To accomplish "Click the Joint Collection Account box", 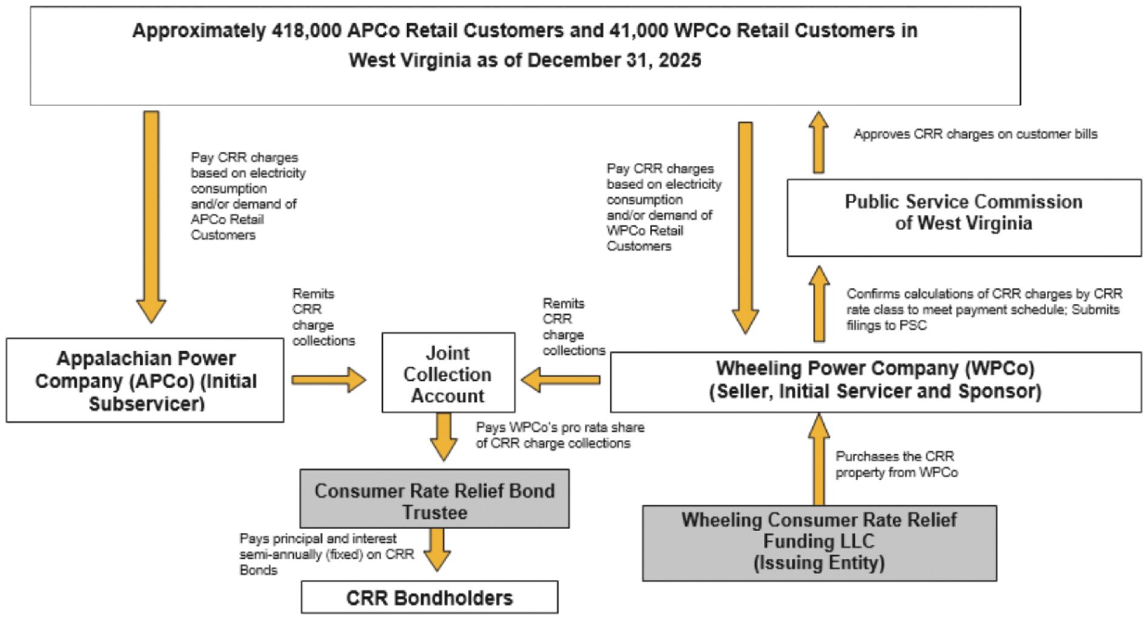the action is pyautogui.click(x=448, y=372).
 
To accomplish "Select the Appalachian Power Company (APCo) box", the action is pyautogui.click(x=145, y=380).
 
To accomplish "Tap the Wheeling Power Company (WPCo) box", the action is pyautogui.click(x=875, y=383).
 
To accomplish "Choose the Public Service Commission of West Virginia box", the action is pyautogui.click(x=964, y=217).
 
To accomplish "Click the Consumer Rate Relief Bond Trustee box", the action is pyautogui.click(x=434, y=499).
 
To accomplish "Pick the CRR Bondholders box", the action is pyautogui.click(x=430, y=597).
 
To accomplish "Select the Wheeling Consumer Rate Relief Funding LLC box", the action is pyautogui.click(x=819, y=543).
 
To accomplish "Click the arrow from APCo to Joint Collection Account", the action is pyautogui.click(x=329, y=380).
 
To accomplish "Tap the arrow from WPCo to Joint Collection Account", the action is pyautogui.click(x=560, y=380).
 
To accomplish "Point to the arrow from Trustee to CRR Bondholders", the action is pyautogui.click(x=437, y=550).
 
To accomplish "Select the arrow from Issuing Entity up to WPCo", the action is pyautogui.click(x=819, y=460).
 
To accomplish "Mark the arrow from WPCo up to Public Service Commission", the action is pyautogui.click(x=819, y=303).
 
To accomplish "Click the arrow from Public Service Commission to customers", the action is pyautogui.click(x=818, y=142).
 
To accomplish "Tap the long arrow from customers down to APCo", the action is pyautogui.click(x=151, y=217).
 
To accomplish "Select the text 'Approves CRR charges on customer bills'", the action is pyautogui.click(x=975, y=134).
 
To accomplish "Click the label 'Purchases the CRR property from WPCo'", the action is pyautogui.click(x=897, y=464).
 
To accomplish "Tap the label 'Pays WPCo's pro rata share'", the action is pyautogui.click(x=560, y=427).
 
